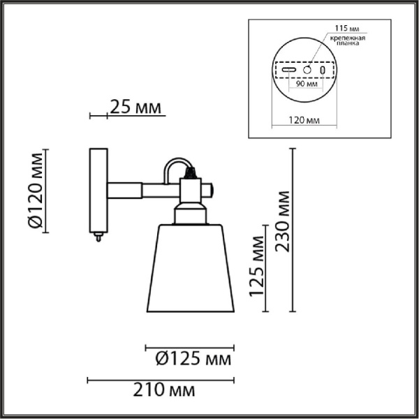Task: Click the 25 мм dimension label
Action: pyautogui.click(x=135, y=108)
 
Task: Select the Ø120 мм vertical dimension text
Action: pyautogui.click(x=36, y=191)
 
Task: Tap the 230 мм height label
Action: pyautogui.click(x=282, y=221)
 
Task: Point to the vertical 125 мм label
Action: pyautogui.click(x=256, y=266)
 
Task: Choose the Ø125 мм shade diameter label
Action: pyautogui.click(x=193, y=358)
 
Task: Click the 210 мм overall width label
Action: pyautogui.click(x=164, y=390)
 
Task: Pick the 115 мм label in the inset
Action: pyautogui.click(x=347, y=29)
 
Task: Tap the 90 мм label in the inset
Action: pyautogui.click(x=307, y=84)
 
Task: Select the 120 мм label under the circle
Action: pyautogui.click(x=304, y=121)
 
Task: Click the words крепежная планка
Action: pyautogui.click(x=347, y=41)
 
